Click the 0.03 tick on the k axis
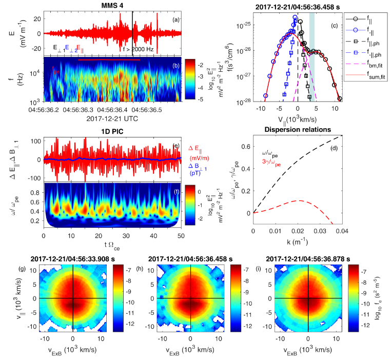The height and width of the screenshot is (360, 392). pos(320,217)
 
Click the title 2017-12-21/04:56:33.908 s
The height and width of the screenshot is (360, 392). pos(74,258)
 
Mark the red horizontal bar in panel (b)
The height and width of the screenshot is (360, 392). pos(109,60)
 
